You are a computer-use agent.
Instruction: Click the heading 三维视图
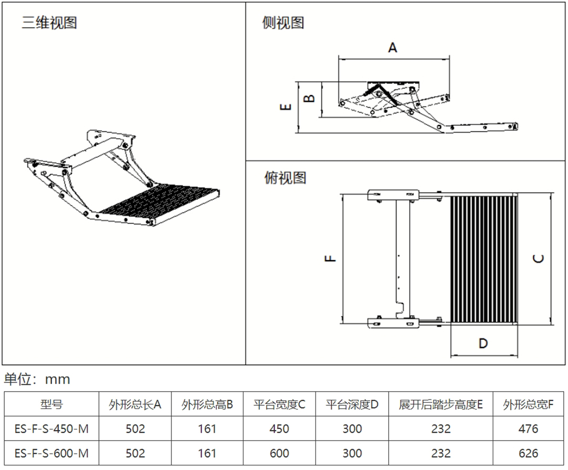coord(49,23)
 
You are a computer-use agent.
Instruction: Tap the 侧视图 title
coord(283,23)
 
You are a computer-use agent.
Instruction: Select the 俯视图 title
coord(285,178)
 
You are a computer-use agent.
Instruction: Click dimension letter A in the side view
coord(393,47)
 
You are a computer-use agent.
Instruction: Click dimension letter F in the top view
coord(329,258)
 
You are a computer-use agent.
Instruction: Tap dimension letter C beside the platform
coord(538,258)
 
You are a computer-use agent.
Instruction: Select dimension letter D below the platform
coord(483,343)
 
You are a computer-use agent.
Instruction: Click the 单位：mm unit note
coord(37,379)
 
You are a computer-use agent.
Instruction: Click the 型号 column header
coord(51,404)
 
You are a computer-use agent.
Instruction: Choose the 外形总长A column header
coord(135,404)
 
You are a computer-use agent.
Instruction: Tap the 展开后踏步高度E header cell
coord(441,404)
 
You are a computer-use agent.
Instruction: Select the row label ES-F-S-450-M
coord(51,429)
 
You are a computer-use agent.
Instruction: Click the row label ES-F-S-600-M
coord(51,453)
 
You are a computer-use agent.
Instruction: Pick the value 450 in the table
coord(279,429)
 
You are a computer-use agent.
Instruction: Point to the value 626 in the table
coord(528,453)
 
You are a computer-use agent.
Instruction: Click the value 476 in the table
coord(528,429)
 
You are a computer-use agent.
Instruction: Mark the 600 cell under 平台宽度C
coord(279,453)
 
